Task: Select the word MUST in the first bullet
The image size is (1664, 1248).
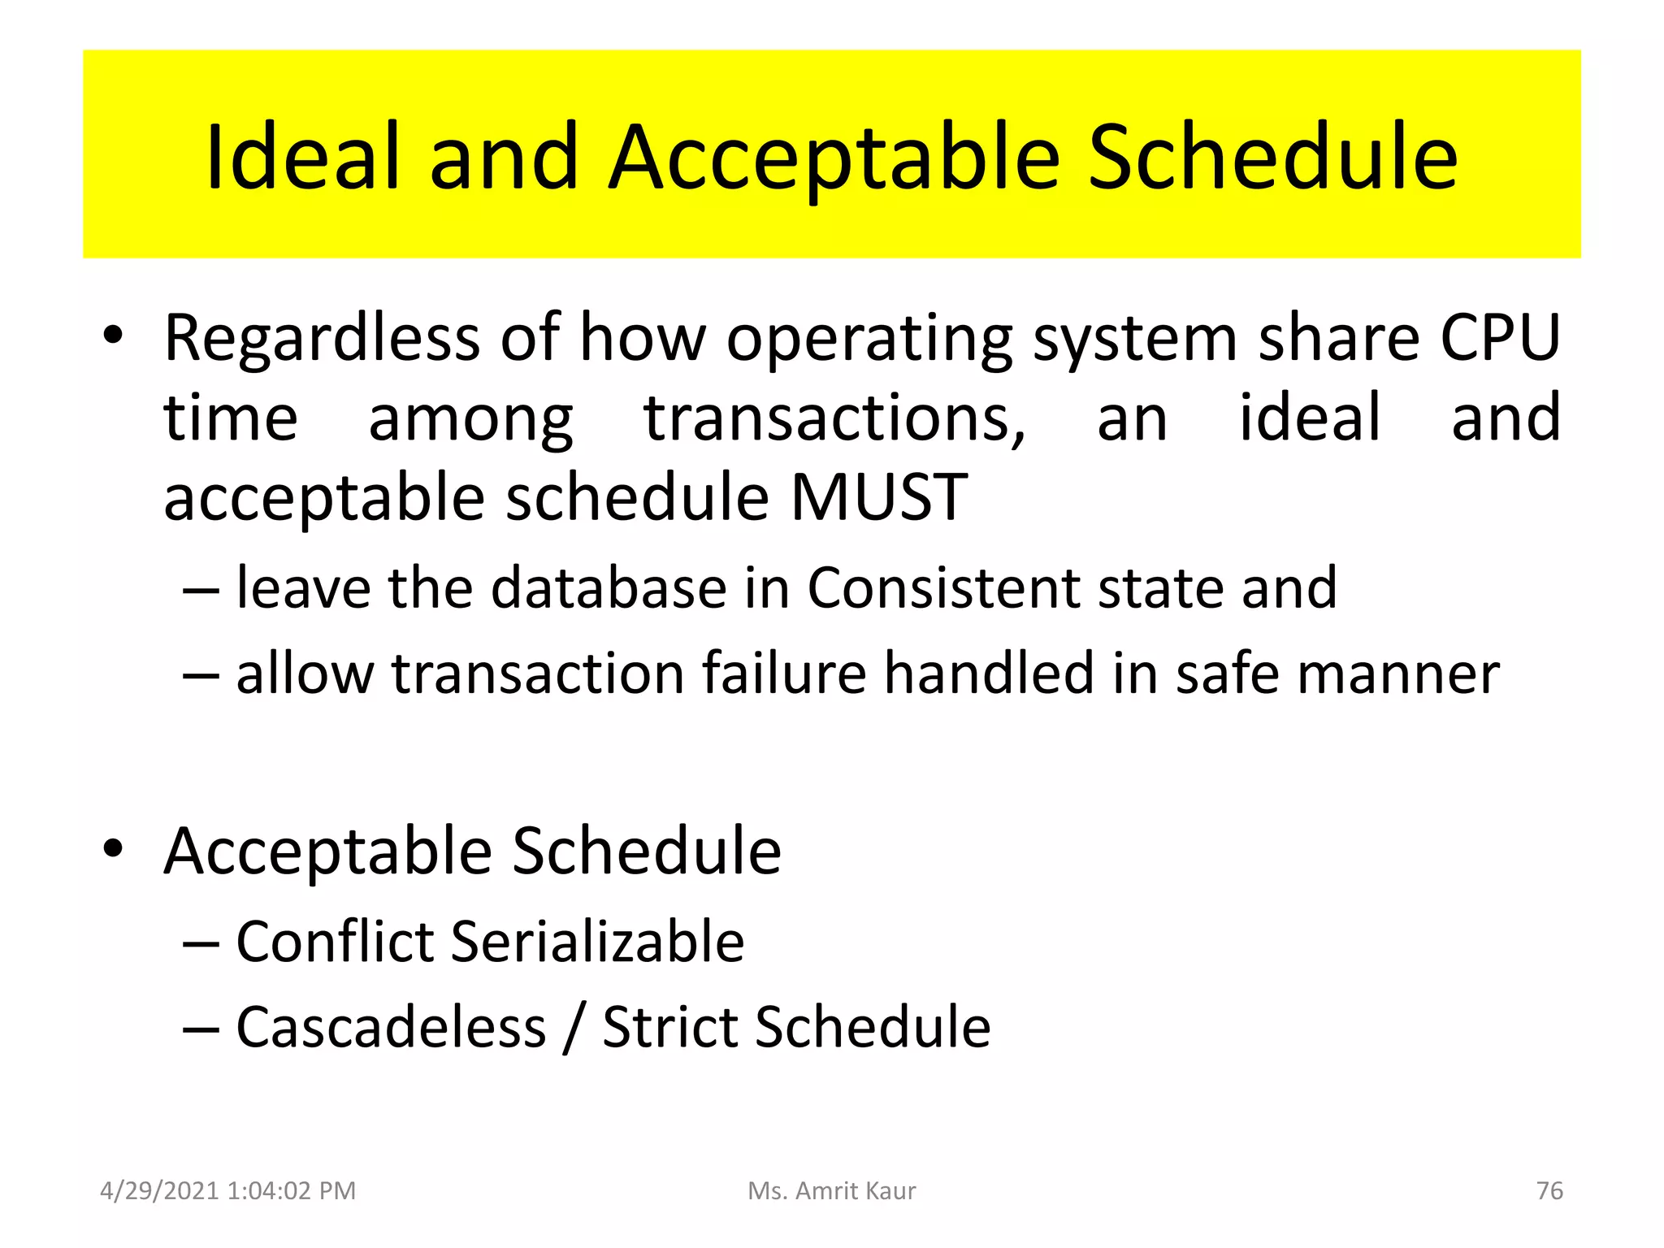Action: pos(878,497)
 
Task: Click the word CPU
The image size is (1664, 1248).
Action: pos(1500,337)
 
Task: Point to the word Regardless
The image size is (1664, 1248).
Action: pos(322,337)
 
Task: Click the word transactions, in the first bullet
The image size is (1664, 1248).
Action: pos(835,418)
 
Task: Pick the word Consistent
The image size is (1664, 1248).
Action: pos(942,587)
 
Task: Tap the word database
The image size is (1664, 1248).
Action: pos(609,587)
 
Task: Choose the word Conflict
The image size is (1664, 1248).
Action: pos(335,942)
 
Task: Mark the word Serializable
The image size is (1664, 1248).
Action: pos(597,942)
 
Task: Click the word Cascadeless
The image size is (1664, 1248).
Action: pos(391,1028)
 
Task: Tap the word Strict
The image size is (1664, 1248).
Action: pos(670,1028)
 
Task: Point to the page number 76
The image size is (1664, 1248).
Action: pos(1549,1190)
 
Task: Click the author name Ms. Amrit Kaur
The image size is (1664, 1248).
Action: pos(831,1190)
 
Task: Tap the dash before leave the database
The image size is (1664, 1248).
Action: pos(201,589)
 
